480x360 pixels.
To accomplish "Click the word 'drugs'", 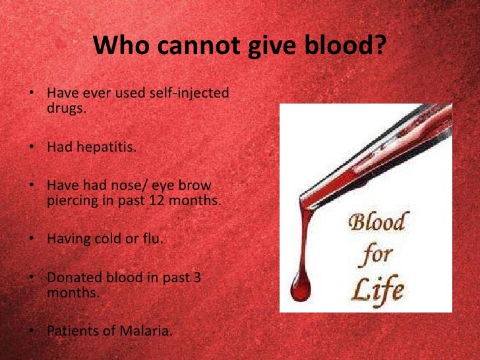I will (x=65, y=107).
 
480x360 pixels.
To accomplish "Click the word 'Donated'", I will (x=71, y=278).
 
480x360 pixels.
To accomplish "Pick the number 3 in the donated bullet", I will (x=197, y=278).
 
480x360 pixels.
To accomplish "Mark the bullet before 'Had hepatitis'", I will (x=32, y=147).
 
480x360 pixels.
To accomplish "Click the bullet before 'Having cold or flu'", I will (x=32, y=238).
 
